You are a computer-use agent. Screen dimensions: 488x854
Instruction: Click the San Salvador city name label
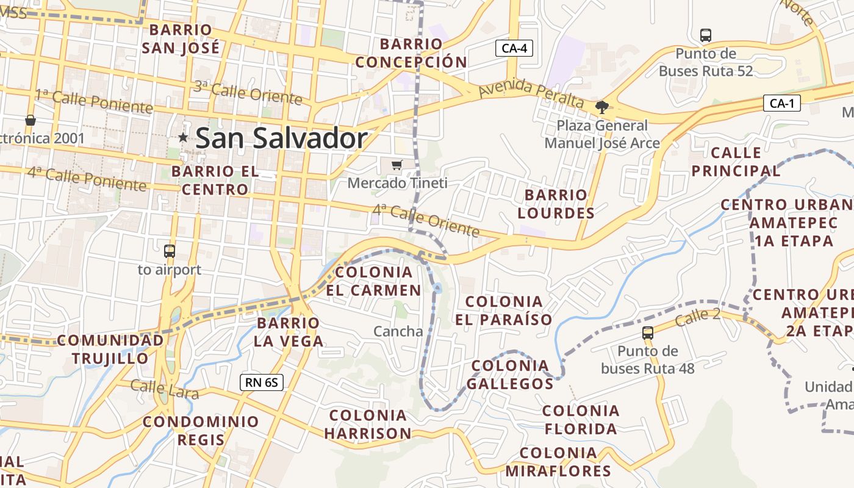pos(281,138)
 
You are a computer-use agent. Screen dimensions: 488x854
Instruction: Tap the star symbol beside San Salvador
pos(183,138)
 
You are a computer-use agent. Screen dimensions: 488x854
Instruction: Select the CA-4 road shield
pos(514,48)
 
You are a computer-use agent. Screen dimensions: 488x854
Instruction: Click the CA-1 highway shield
pos(781,104)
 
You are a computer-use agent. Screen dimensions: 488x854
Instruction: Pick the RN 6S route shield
pos(262,382)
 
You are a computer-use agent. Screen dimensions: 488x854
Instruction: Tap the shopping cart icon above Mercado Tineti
pos(397,164)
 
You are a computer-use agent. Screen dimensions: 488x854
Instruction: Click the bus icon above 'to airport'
pos(170,251)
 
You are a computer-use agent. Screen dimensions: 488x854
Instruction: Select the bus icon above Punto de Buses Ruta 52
pos(706,35)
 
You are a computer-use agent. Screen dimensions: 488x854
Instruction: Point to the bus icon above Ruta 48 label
pos(648,333)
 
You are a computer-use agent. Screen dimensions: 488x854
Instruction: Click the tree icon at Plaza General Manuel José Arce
pos(602,107)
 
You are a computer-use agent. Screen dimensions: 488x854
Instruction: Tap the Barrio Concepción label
pos(411,53)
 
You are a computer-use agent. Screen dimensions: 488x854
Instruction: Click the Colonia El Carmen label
pos(373,281)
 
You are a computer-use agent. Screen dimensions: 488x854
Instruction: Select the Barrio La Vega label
pos(289,332)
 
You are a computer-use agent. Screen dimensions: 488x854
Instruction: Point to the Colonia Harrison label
pos(368,425)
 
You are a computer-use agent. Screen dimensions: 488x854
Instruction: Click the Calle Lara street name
pos(165,389)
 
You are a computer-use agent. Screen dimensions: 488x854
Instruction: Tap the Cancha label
pos(398,331)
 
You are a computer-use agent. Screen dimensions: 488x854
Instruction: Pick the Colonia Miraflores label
pos(558,462)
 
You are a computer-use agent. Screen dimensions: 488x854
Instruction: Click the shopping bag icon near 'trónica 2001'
pos(30,120)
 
